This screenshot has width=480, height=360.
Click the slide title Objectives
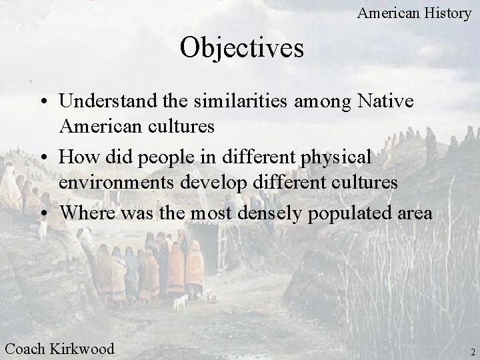242,48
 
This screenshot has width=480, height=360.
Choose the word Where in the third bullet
84,213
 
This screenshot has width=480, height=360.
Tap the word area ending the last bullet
416,213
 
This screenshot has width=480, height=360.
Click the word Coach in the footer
25,347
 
